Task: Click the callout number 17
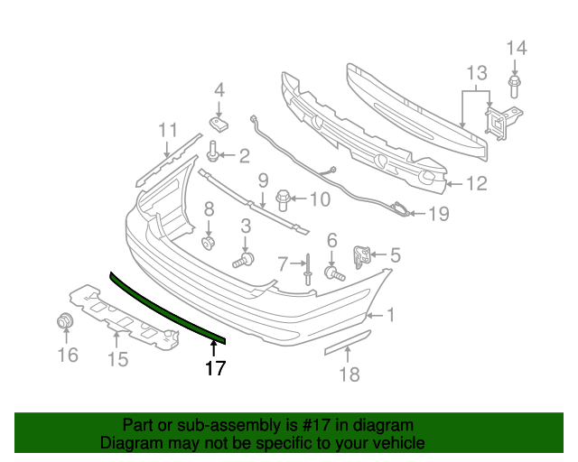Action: click(215, 368)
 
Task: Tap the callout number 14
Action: click(515, 49)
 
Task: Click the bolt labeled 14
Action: click(514, 87)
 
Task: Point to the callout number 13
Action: click(476, 72)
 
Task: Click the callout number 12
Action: click(476, 184)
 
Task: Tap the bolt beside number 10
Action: click(282, 197)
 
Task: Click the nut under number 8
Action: click(209, 242)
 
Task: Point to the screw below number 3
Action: click(243, 262)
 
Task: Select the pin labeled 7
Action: click(309, 268)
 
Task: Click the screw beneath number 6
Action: click(334, 272)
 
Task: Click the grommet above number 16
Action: click(65, 320)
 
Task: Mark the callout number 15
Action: click(117, 360)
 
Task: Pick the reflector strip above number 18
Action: click(346, 343)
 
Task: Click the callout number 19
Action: click(437, 215)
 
